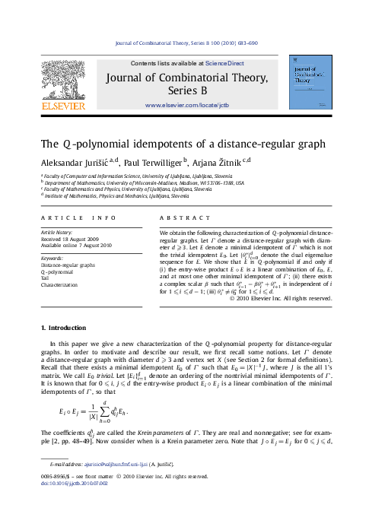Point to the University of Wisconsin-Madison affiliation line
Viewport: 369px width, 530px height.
[x=142, y=183]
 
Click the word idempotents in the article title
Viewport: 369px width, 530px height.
[x=159, y=144]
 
